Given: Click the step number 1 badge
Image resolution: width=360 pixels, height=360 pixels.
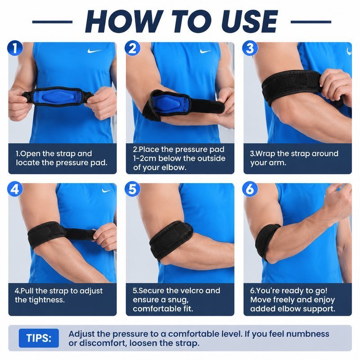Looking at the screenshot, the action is [15, 48].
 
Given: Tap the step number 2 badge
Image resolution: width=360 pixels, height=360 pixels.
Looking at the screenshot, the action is [132, 48].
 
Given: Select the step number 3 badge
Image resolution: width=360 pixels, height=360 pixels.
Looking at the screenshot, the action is [250, 48].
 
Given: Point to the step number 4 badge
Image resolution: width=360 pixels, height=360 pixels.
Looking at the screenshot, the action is [15, 189].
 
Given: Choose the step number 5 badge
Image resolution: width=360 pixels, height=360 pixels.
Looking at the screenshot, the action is [132, 189].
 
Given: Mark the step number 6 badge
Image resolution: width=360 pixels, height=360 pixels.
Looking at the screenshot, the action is [250, 189].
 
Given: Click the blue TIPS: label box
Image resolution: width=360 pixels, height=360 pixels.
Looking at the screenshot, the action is [39, 338].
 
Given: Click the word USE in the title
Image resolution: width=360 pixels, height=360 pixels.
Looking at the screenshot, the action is [250, 22].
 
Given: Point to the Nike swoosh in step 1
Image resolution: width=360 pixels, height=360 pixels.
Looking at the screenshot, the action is [94, 50].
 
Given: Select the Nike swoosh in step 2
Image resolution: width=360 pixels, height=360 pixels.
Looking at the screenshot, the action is [205, 51].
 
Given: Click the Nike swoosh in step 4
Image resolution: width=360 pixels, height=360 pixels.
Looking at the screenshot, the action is [106, 190].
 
